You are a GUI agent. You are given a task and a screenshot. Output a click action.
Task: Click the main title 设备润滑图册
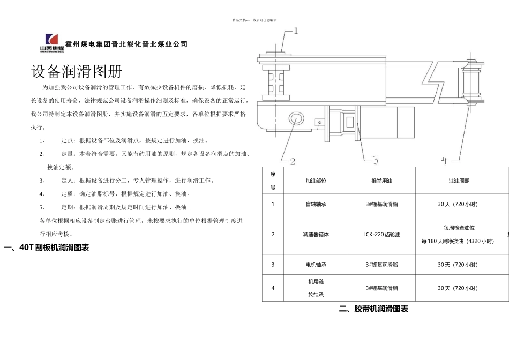[77, 72]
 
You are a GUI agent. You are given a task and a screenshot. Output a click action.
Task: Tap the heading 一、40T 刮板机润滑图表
[46, 247]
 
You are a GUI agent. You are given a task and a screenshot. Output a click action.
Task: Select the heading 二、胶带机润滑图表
[373, 309]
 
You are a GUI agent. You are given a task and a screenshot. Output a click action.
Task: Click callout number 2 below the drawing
[293, 161]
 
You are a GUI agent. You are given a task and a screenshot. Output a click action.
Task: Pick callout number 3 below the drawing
[375, 160]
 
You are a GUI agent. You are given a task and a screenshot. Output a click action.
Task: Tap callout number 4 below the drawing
[443, 160]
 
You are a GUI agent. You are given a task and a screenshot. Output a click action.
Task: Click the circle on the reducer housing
[295, 118]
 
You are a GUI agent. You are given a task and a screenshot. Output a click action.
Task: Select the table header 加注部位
[316, 181]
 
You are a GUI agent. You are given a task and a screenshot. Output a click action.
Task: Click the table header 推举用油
[381, 181]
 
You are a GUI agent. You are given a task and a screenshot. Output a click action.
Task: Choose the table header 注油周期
[459, 181]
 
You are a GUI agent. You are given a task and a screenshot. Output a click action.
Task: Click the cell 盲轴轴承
[316, 204]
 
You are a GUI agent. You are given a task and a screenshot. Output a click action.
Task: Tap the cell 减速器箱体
[316, 234]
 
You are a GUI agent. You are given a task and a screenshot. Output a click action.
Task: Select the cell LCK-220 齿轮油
[381, 234]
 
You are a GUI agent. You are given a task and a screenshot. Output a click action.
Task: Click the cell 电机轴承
[316, 265]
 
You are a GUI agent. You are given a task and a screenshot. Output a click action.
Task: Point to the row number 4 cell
[273, 288]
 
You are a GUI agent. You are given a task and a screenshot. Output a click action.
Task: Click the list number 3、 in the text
[42, 181]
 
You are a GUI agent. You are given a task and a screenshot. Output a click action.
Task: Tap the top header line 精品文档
[254, 20]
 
